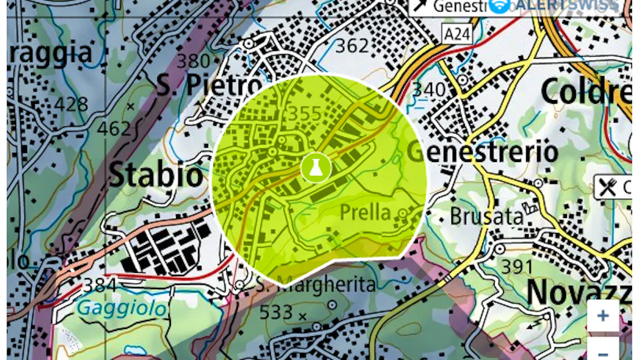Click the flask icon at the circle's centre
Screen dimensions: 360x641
click(x=315, y=168)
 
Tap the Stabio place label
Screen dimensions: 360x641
click(x=155, y=175)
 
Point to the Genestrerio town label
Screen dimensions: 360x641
click(x=482, y=152)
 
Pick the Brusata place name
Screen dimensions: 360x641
click(x=486, y=217)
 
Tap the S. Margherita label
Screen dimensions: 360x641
click(x=315, y=285)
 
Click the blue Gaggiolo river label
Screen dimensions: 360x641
click(x=121, y=308)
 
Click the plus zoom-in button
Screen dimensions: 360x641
click(x=603, y=315)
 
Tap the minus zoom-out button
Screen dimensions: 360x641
click(x=603, y=352)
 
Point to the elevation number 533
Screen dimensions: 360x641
click(x=276, y=313)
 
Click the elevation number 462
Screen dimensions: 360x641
click(x=114, y=128)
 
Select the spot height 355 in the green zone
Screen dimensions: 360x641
click(x=304, y=114)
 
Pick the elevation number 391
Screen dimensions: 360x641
click(x=517, y=266)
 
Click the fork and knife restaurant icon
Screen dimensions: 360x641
click(x=607, y=187)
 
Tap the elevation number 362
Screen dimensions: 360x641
click(x=352, y=46)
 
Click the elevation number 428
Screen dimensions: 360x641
click(x=72, y=104)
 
